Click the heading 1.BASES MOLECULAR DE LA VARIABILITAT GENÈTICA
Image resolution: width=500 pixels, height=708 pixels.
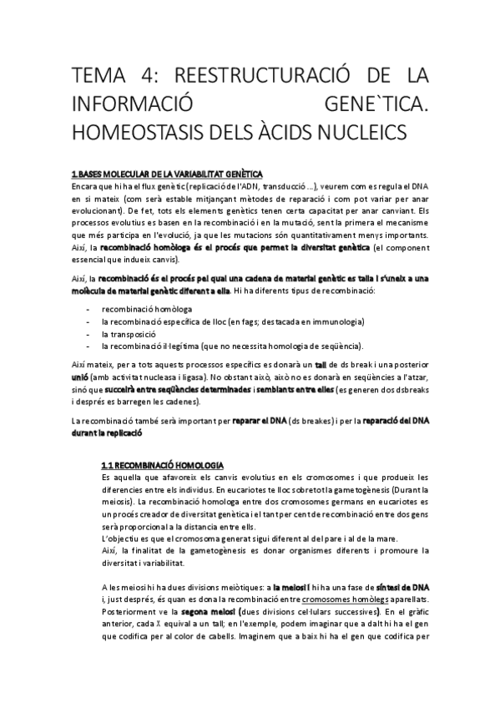[167, 174]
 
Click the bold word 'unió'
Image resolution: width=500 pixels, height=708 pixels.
[82, 377]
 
